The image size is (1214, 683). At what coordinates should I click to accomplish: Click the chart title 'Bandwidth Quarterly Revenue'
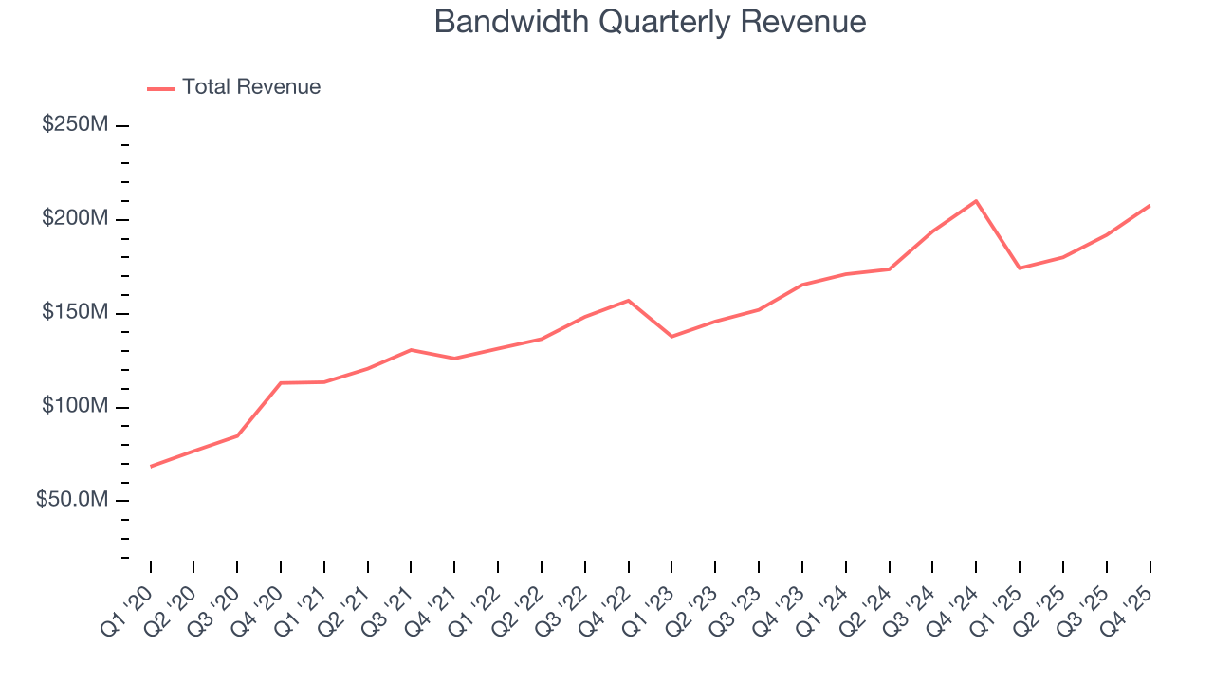650,22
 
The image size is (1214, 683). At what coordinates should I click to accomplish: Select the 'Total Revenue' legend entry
250,87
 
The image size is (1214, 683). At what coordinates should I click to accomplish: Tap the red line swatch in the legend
161,88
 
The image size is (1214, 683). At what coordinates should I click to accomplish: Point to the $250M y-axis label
75,125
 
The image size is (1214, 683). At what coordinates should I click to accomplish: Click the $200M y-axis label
75,219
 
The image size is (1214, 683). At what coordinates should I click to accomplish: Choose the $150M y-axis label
75,313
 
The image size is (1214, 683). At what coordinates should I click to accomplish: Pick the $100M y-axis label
75,407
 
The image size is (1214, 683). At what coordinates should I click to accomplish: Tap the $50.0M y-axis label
71,500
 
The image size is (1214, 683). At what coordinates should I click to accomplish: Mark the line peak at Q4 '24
976,201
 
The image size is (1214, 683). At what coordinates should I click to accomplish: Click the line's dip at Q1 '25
1020,268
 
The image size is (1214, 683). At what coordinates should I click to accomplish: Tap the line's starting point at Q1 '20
151,466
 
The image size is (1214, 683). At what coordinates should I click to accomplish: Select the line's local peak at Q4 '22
629,301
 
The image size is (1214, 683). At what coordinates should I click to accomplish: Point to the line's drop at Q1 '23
671,336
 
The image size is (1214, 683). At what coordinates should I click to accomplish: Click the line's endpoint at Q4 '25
1150,206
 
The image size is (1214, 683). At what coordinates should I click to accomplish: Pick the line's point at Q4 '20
281,383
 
